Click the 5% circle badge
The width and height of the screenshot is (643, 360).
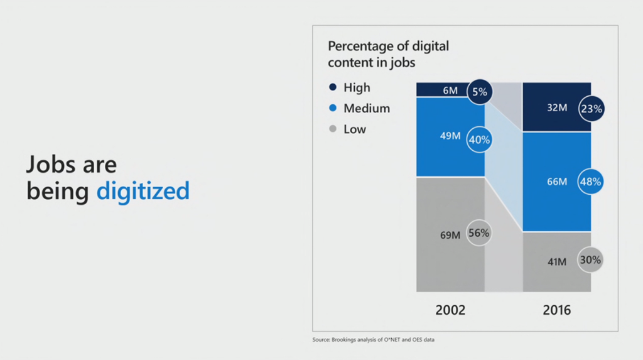(x=480, y=92)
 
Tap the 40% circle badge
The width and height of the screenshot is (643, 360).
(x=479, y=139)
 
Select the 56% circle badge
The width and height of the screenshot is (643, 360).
(x=479, y=232)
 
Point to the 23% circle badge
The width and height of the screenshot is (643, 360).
(x=591, y=109)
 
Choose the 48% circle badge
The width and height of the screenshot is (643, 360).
(x=591, y=182)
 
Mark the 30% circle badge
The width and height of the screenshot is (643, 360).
(x=591, y=259)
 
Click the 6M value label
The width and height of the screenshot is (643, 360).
(x=450, y=90)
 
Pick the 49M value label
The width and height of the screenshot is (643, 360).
(x=450, y=135)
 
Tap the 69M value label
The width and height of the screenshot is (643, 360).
(x=450, y=235)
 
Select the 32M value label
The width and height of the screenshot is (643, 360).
(x=557, y=108)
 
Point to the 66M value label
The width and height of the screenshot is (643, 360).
(x=557, y=182)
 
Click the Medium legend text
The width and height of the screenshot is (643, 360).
(x=366, y=108)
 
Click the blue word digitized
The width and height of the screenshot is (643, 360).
(x=143, y=190)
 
